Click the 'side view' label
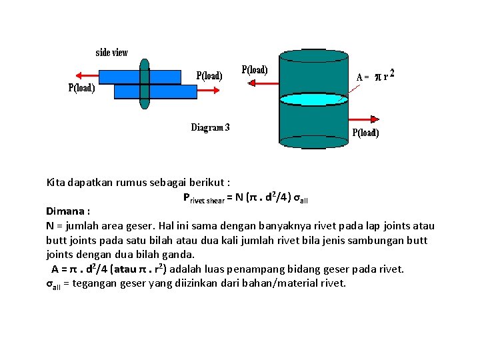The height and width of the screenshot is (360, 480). coord(112,53)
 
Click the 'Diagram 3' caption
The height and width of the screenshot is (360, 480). coord(210,127)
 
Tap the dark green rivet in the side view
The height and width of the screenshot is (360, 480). coord(144,83)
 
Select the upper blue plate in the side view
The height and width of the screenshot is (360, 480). coord(163,76)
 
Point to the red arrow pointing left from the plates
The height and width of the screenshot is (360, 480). coord(87,75)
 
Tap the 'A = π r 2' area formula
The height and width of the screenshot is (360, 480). coord(376,76)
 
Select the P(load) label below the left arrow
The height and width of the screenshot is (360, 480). coord(81,88)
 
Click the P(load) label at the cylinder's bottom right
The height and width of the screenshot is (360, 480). coord(365,133)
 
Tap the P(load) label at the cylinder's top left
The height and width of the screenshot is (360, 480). coord(255,70)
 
